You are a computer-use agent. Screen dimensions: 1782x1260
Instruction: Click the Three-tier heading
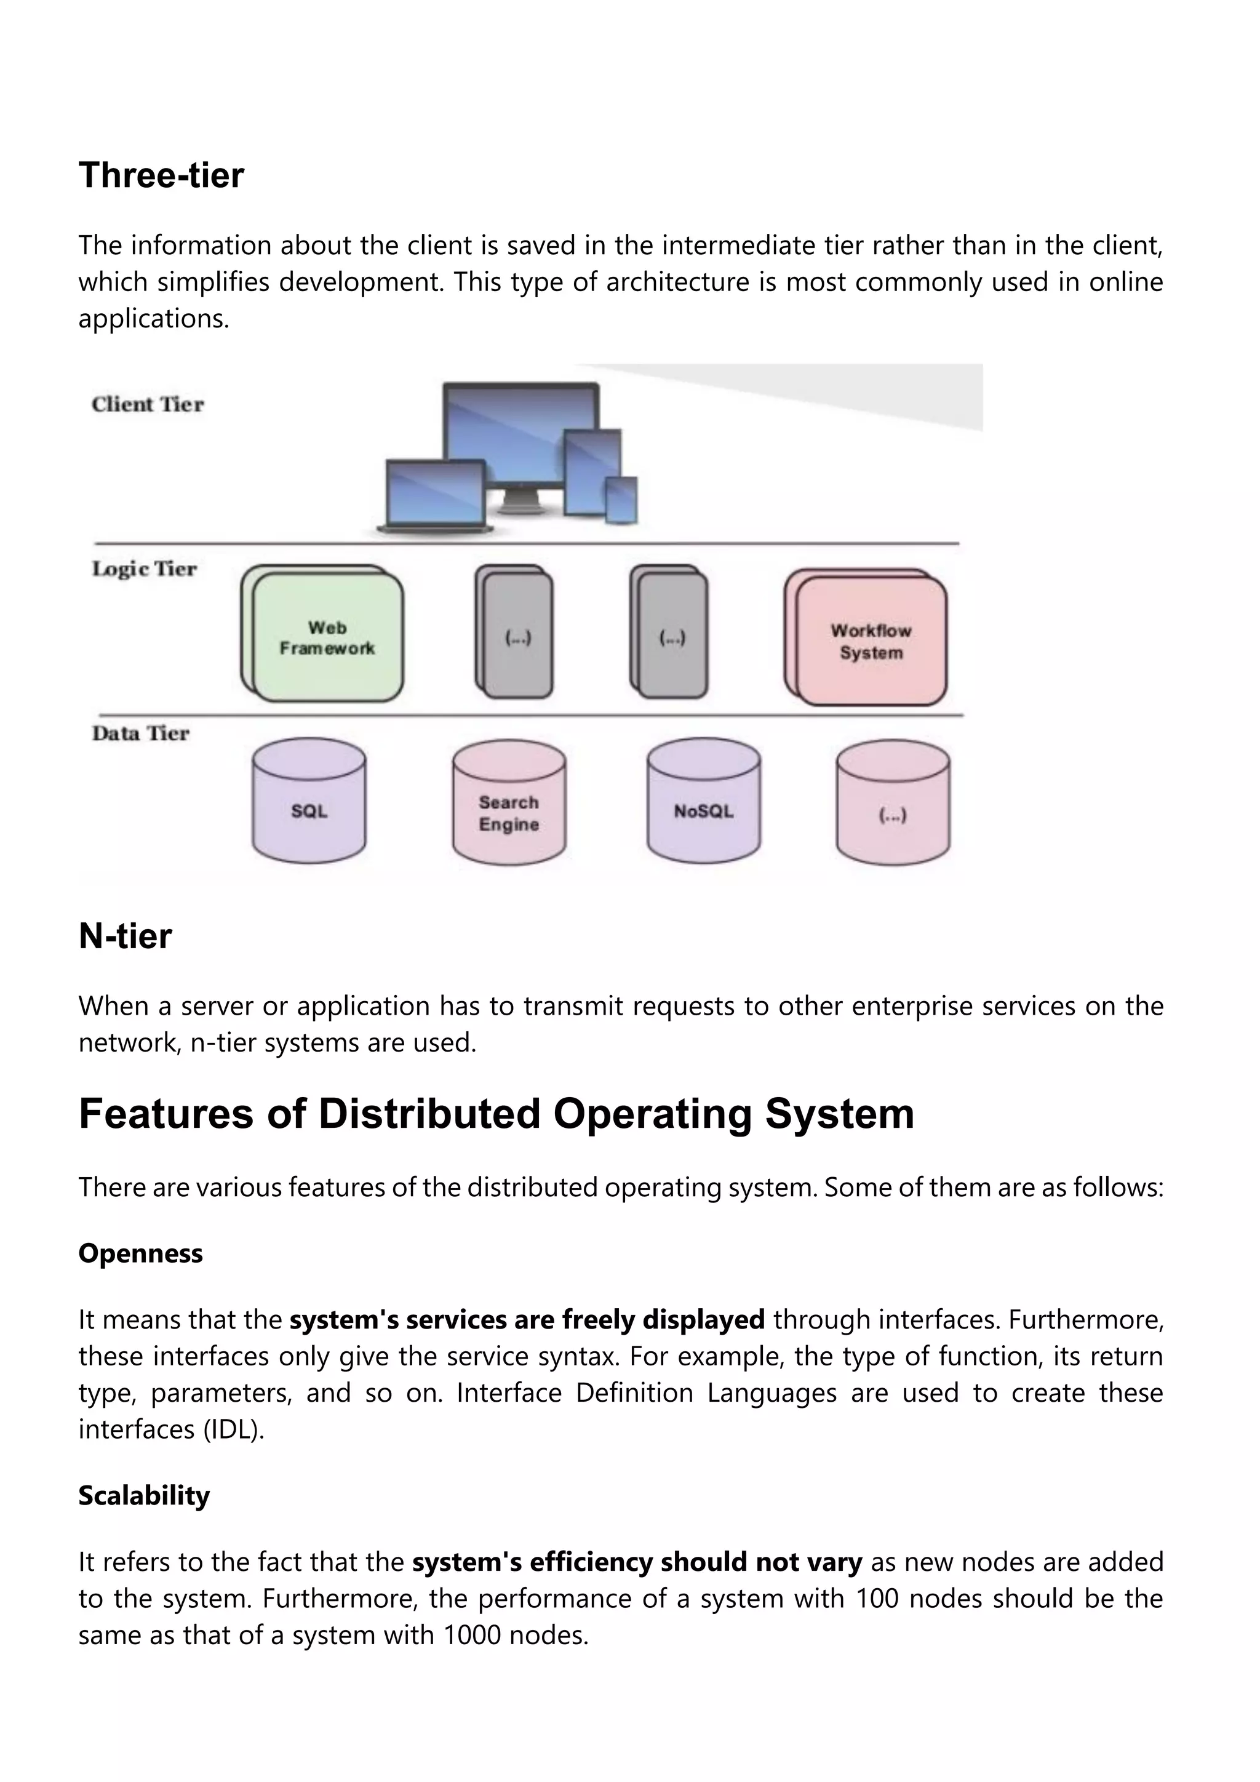click(161, 175)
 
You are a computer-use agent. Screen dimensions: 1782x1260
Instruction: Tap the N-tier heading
click(125, 936)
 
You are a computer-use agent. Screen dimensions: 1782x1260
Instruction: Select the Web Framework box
click(327, 638)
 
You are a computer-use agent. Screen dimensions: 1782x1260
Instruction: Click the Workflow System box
click(871, 641)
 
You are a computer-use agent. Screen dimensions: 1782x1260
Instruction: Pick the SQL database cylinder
click(309, 803)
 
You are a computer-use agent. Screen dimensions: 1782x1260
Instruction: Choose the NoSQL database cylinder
click(704, 803)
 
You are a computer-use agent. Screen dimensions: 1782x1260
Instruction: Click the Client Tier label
click(148, 404)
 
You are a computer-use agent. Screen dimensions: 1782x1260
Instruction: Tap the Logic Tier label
click(145, 569)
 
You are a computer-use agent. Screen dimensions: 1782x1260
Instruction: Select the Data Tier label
click(140, 733)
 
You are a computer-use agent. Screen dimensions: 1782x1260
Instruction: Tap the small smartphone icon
click(621, 501)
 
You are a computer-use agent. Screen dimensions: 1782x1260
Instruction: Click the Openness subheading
click(140, 1253)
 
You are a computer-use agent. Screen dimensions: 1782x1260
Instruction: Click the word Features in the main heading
click(166, 1114)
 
